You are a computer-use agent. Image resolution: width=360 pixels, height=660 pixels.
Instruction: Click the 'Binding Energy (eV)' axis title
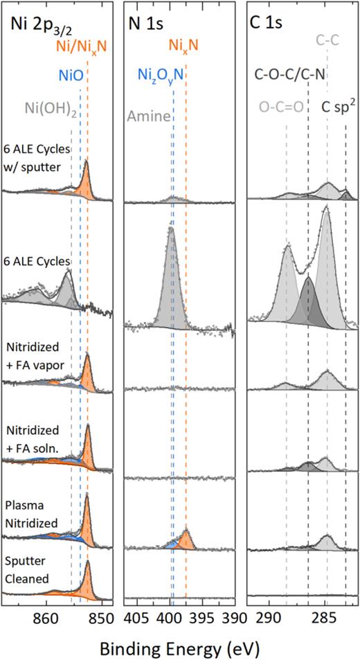pyautogui.click(x=179, y=646)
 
